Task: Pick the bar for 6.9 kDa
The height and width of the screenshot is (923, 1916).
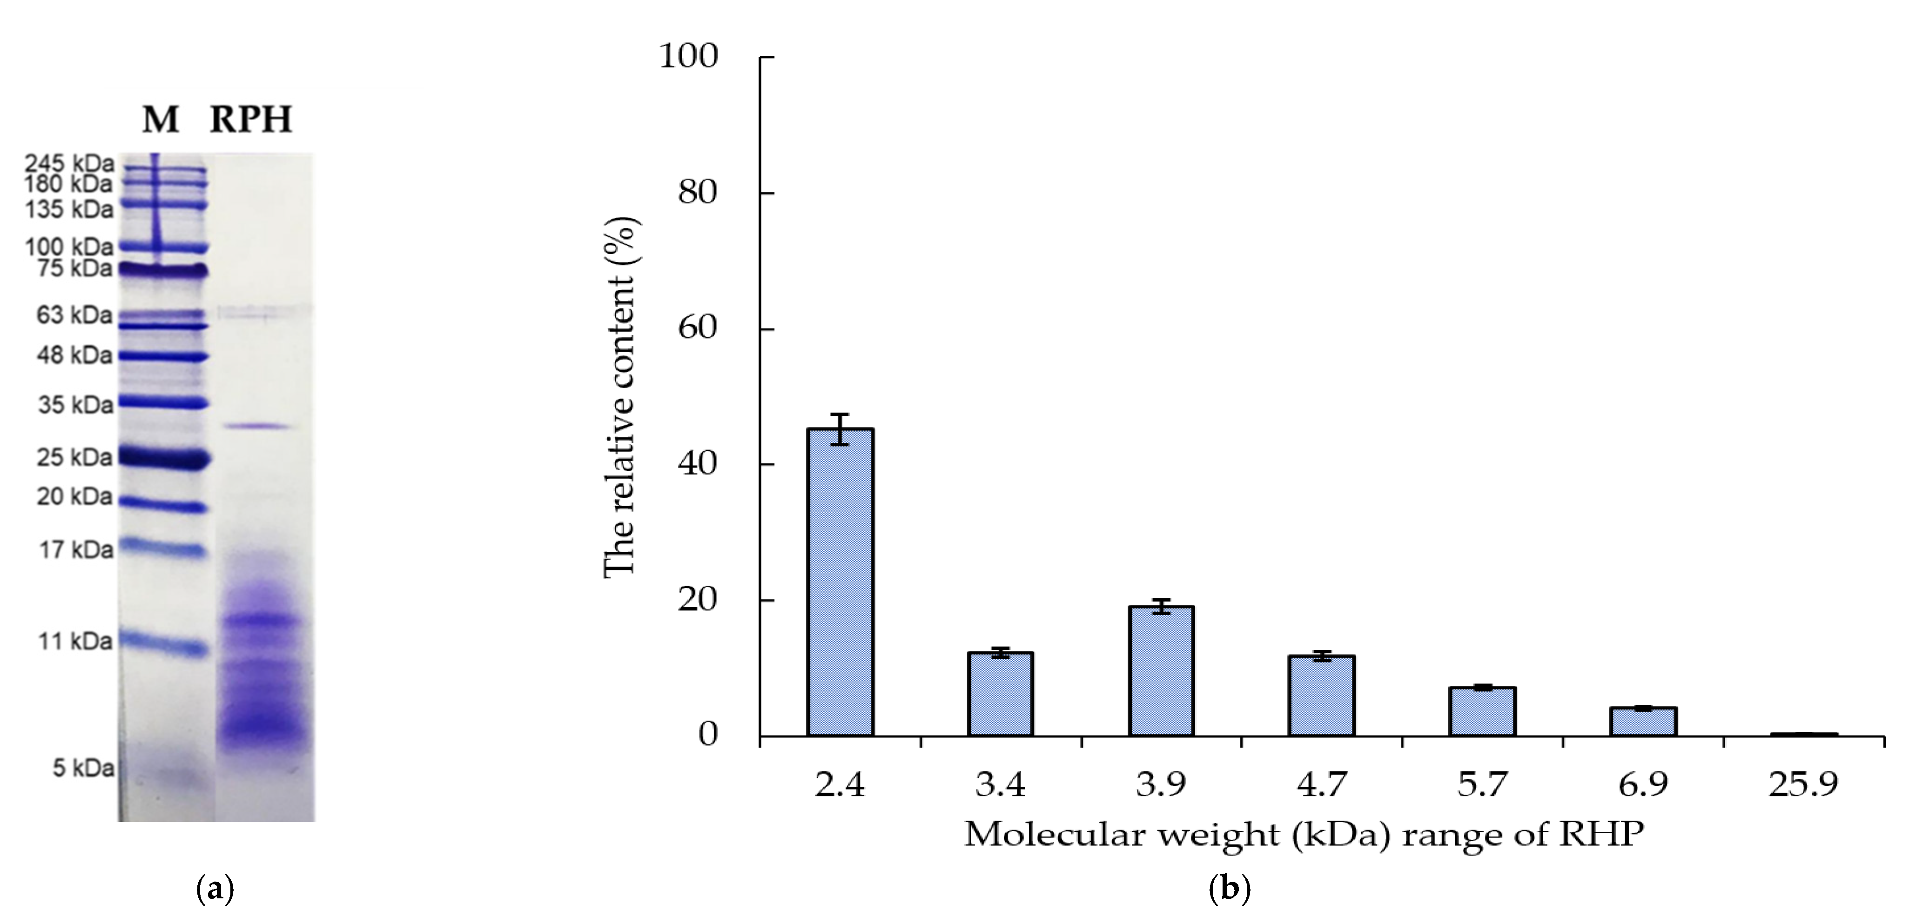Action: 1643,722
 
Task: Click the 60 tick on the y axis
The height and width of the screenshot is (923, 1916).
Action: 698,328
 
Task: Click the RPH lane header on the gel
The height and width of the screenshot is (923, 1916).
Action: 251,120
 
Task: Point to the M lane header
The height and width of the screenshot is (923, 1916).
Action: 161,120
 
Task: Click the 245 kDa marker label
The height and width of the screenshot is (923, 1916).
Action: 69,163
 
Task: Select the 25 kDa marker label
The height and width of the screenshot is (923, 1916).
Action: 75,457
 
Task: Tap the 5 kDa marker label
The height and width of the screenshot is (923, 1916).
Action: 82,768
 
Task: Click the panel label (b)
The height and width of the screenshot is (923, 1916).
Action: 1230,889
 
